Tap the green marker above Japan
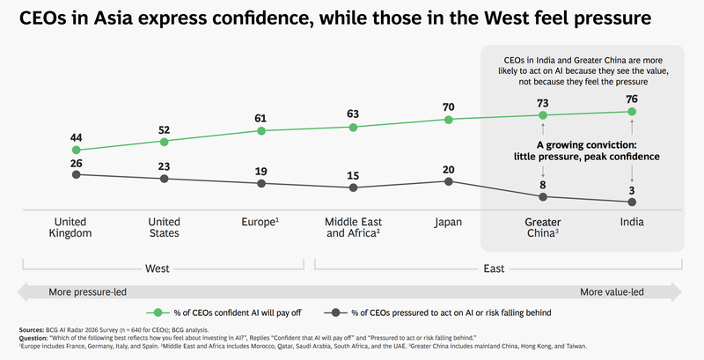point(448,119)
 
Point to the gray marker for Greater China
point(543,196)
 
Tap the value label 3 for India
point(632,190)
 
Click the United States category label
point(164,227)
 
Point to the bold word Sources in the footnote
point(33,330)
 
